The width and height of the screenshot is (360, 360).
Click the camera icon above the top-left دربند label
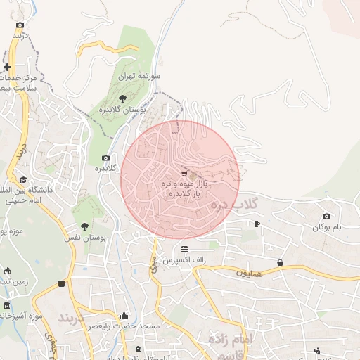pos(20,25)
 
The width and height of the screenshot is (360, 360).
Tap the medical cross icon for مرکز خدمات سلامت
pos(7,67)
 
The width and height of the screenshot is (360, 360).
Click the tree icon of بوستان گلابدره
pos(123,98)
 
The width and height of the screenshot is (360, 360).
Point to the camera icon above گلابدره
pos(106,158)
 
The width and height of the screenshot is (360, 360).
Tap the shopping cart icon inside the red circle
pos(184,174)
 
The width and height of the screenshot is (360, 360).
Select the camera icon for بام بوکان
pos(326,216)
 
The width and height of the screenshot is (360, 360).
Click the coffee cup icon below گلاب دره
pos(257,224)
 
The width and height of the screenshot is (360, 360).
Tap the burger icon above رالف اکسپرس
pos(184,249)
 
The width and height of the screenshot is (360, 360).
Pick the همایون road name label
pos(249,272)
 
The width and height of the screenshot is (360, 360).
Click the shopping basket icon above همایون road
pos(281,262)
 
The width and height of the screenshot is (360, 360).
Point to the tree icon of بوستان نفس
pos(85,226)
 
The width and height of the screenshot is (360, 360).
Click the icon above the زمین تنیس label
pos(7,271)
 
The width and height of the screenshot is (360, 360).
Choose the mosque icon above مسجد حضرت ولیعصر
pos(124,315)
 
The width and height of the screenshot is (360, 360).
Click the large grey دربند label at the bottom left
pos(70,318)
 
